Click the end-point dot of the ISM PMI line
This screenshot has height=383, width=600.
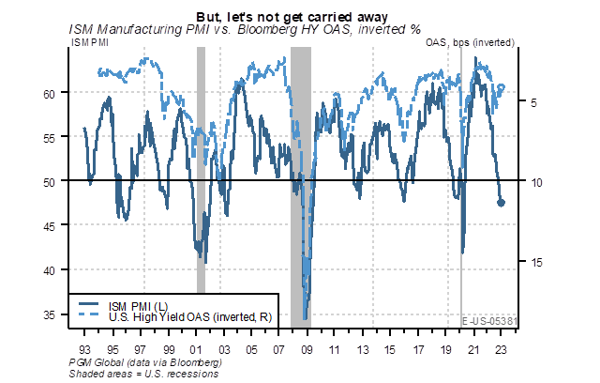[502, 203]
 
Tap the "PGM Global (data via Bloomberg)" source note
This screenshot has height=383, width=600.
[146, 361]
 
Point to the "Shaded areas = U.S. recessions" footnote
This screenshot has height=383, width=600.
[143, 373]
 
